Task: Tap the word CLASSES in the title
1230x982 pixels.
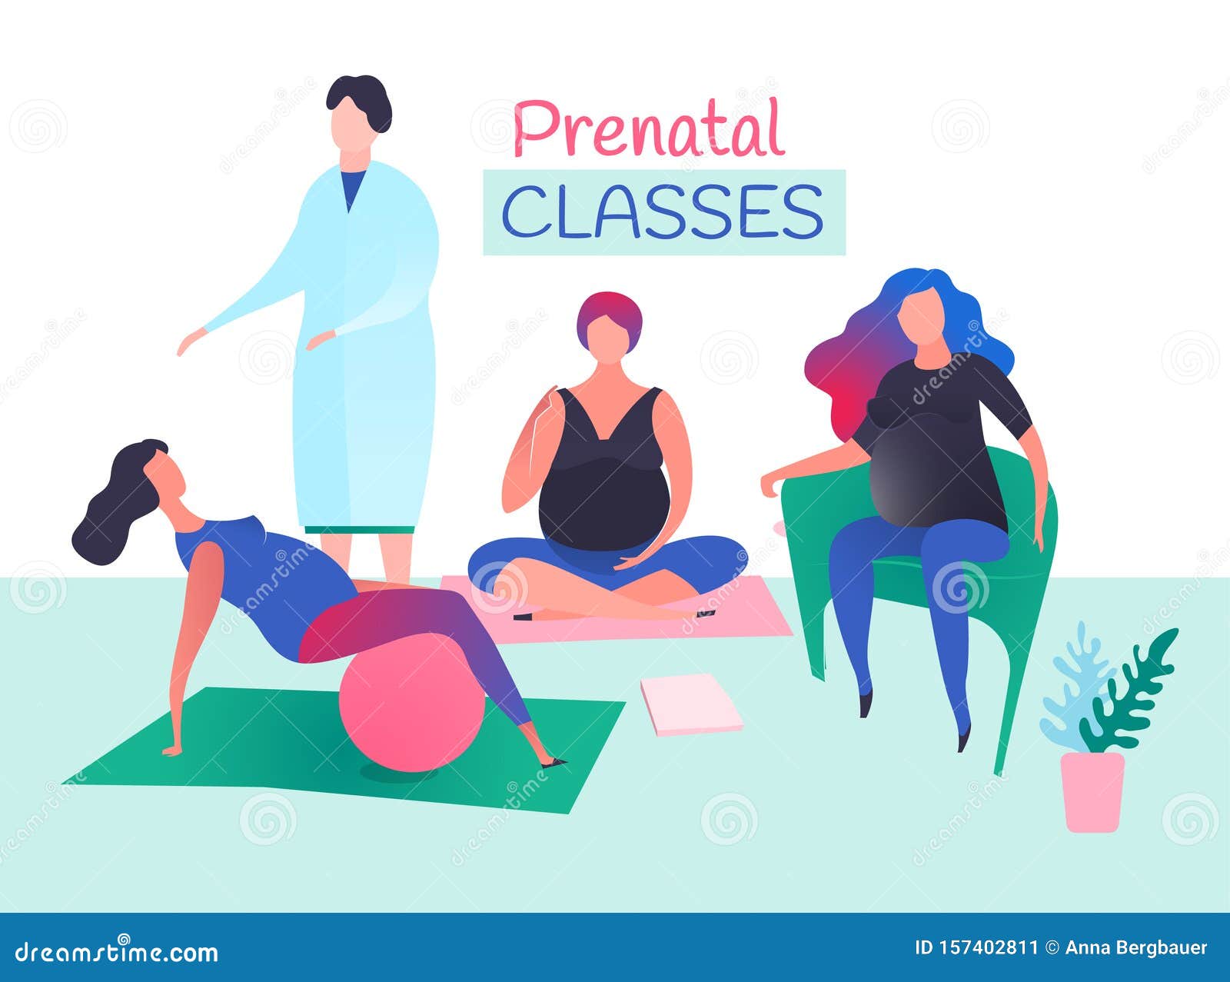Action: [663, 211]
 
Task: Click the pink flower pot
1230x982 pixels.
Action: [1092, 792]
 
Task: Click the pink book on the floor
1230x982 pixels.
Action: [690, 704]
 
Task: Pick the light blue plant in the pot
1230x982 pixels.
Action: [1072, 692]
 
